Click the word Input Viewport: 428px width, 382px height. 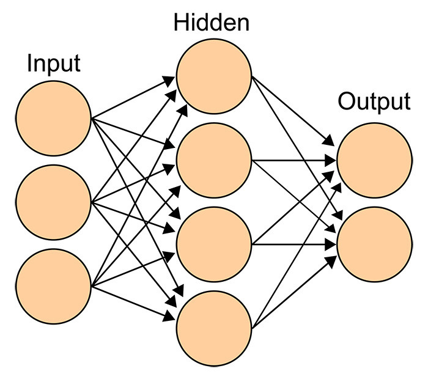pyautogui.click(x=54, y=64)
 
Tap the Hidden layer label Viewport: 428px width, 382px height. pyautogui.click(x=212, y=23)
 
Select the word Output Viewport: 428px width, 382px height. pyautogui.click(x=374, y=102)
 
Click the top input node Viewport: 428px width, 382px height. pyautogui.click(x=54, y=118)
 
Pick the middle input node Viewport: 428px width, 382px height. pyautogui.click(x=54, y=202)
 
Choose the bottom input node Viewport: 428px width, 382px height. pyautogui.click(x=54, y=286)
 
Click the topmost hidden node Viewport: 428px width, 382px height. pyautogui.click(x=214, y=76)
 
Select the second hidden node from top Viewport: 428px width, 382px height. pyautogui.click(x=214, y=160)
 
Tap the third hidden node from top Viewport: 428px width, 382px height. pyautogui.click(x=214, y=244)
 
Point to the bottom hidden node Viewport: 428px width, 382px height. pyautogui.click(x=214, y=328)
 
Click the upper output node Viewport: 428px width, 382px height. pyautogui.click(x=374, y=160)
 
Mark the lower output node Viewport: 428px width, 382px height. pyautogui.click(x=374, y=244)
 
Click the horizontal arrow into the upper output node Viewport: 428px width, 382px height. pyautogui.click(x=294, y=160)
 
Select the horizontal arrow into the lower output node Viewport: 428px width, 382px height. pyautogui.click(x=294, y=244)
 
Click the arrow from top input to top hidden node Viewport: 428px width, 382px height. pyautogui.click(x=133, y=97)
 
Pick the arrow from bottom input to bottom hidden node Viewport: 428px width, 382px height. pyautogui.click(x=133, y=303)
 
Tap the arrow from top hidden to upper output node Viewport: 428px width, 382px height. pyautogui.click(x=293, y=111)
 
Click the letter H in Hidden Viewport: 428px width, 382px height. pyautogui.click(x=181, y=23)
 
